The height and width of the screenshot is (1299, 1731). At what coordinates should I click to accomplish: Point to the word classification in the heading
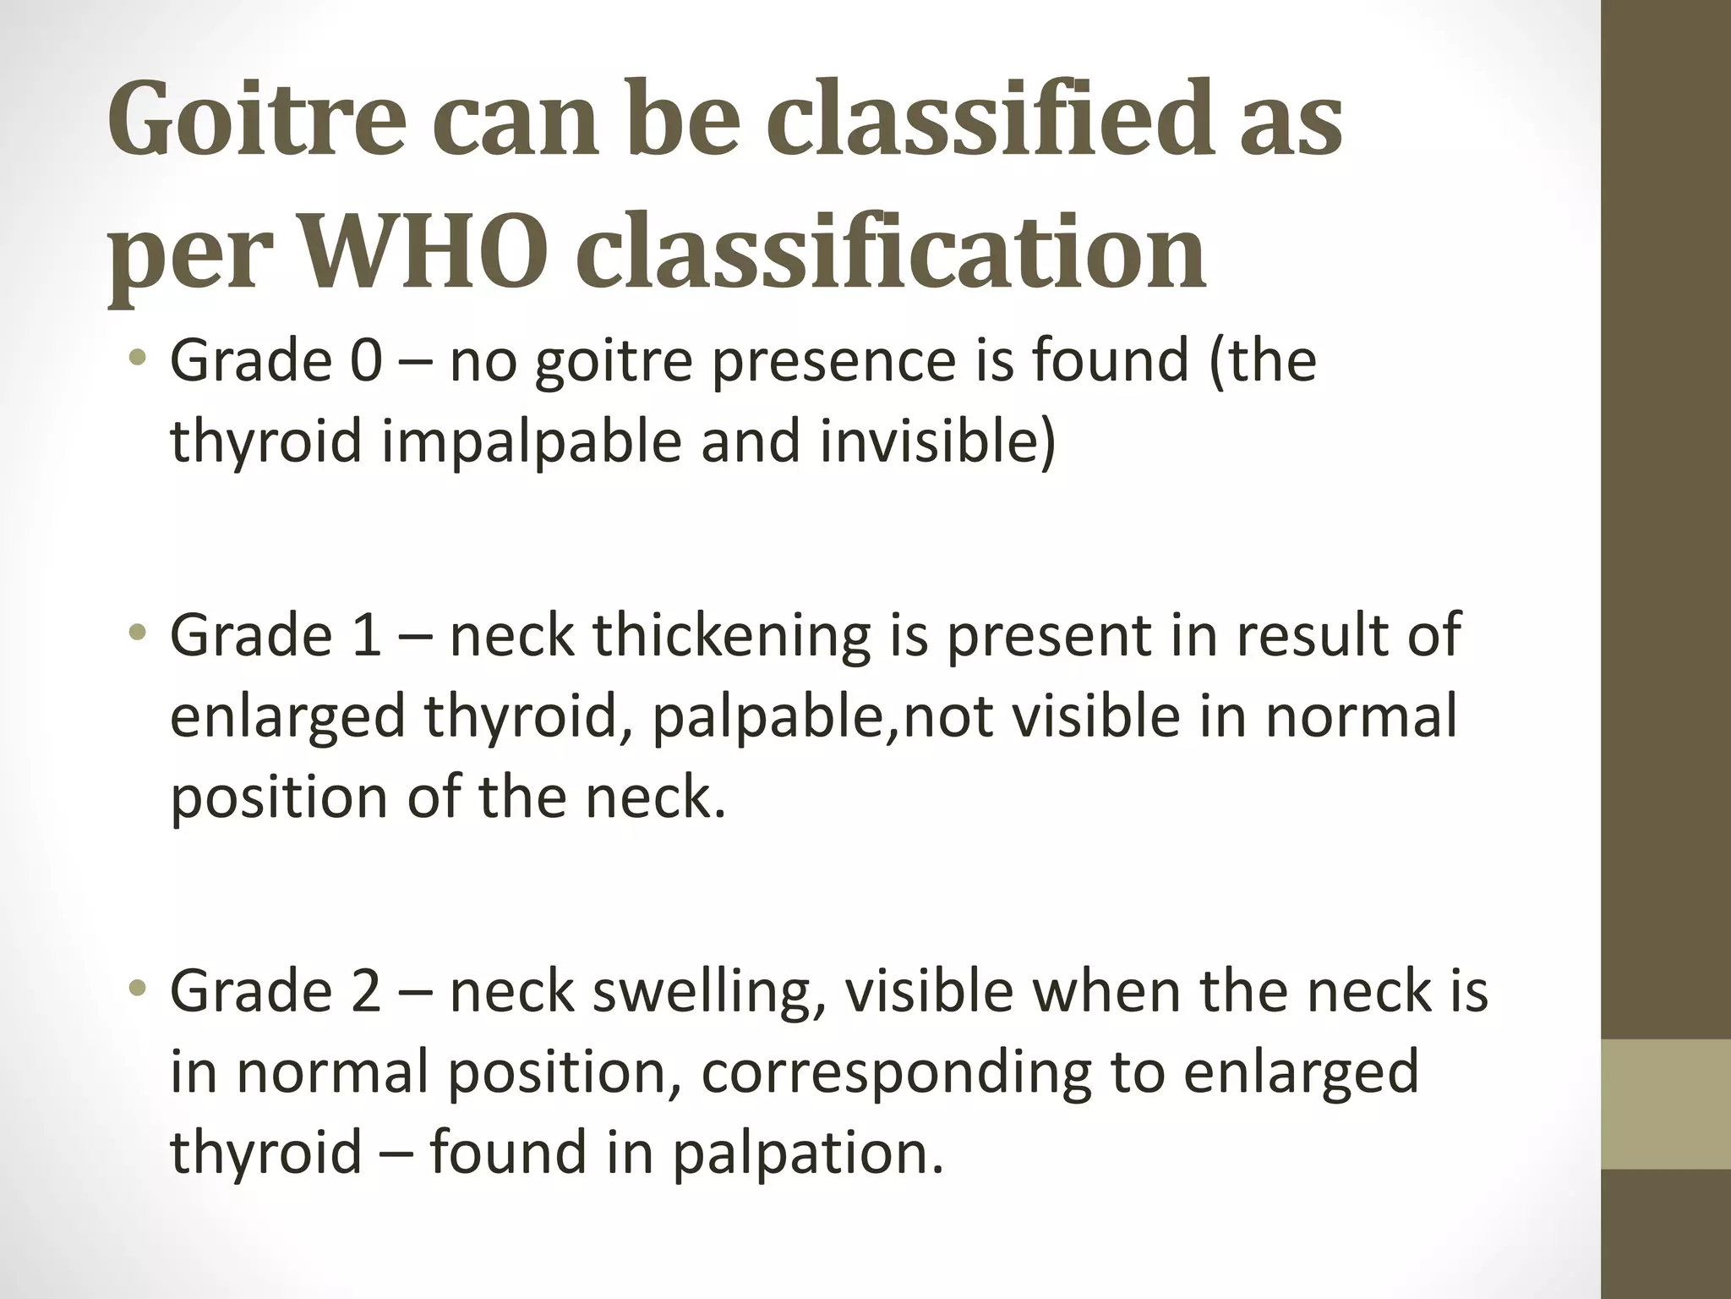pos(892,251)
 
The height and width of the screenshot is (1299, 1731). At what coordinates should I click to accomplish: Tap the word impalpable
pos(531,441)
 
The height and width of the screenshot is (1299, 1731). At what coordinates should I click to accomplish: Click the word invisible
pos(927,441)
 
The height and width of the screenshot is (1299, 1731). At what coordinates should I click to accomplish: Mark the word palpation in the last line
pos(806,1152)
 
